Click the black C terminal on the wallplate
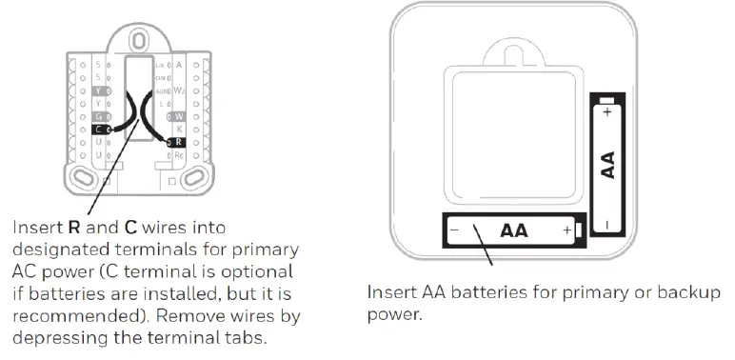[x=100, y=128]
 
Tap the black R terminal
[x=180, y=142]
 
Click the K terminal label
[x=180, y=128]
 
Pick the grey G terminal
[x=99, y=114]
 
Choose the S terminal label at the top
[x=98, y=64]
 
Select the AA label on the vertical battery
[x=607, y=165]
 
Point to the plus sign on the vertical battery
[x=607, y=111]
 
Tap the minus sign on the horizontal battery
[x=455, y=231]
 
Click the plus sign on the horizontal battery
[x=567, y=231]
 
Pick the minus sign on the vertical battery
[x=607, y=225]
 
